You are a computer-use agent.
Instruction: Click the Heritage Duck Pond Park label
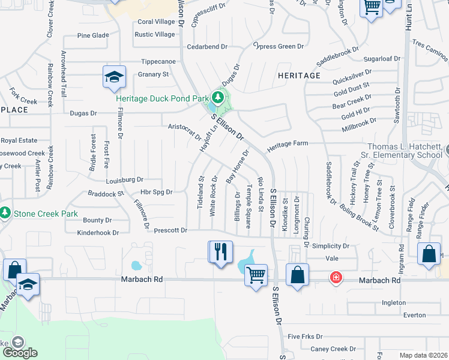pyautogui.click(x=162, y=98)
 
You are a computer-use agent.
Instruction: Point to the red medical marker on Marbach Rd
pyautogui.click(x=335, y=278)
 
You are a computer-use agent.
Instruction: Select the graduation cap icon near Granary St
pyautogui.click(x=113, y=77)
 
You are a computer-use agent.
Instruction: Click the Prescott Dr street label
pyautogui.click(x=171, y=230)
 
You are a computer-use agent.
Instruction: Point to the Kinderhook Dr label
pyautogui.click(x=98, y=232)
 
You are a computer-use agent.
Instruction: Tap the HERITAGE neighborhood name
pyautogui.click(x=299, y=76)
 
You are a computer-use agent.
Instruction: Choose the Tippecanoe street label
pyautogui.click(x=158, y=61)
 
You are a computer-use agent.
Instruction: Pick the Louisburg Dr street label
pyautogui.click(x=124, y=179)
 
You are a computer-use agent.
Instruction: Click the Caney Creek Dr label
pyautogui.click(x=333, y=349)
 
